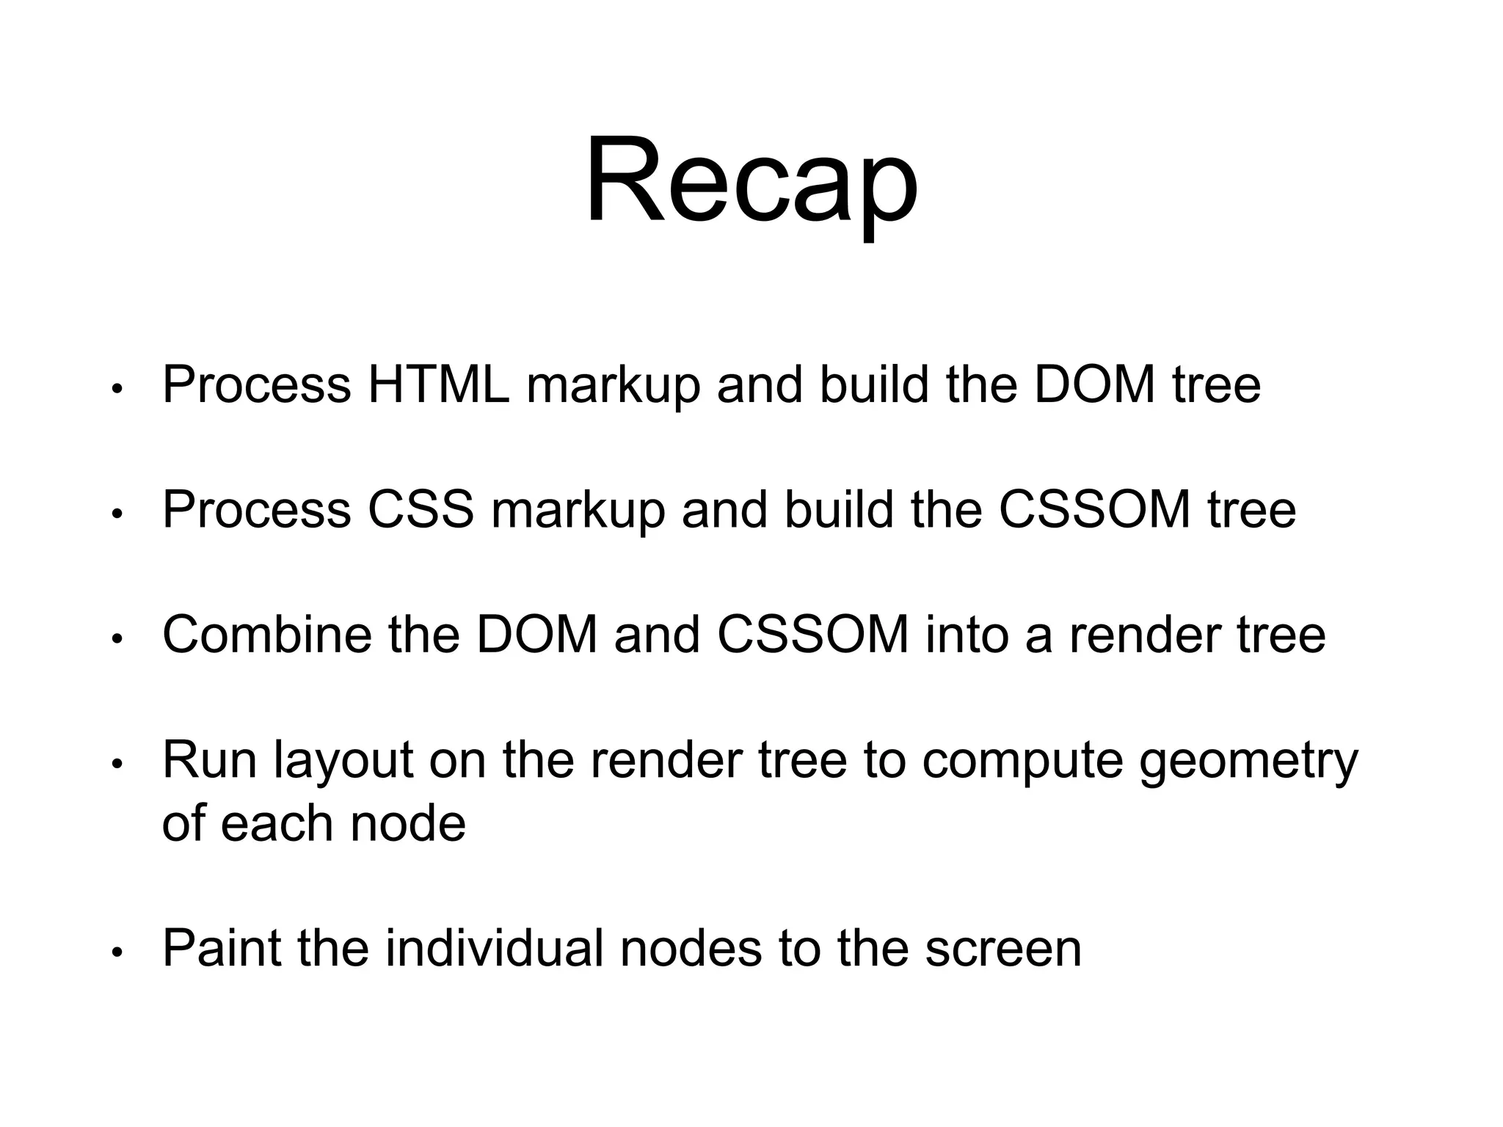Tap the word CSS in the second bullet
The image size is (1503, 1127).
(421, 509)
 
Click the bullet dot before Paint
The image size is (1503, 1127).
(116, 952)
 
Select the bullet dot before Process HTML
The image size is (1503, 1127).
(116, 389)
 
